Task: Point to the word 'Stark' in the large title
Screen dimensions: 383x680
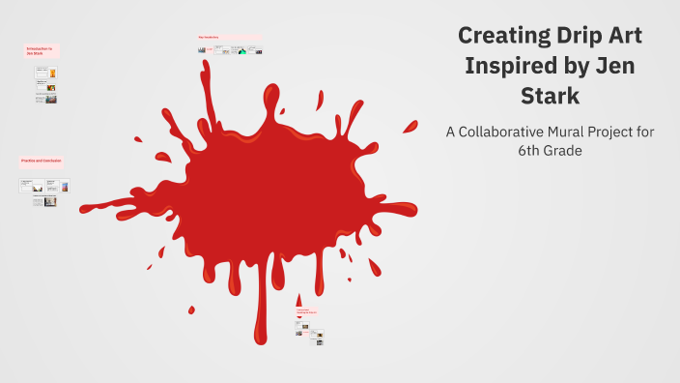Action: pyautogui.click(x=548, y=98)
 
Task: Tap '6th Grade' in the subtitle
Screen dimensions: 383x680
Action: pyautogui.click(x=549, y=151)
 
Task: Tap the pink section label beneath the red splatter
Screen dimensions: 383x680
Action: pyautogui.click(x=308, y=312)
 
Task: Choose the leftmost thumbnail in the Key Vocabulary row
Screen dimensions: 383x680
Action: pyautogui.click(x=202, y=49)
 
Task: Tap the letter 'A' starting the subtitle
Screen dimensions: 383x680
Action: pyautogui.click(x=449, y=132)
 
